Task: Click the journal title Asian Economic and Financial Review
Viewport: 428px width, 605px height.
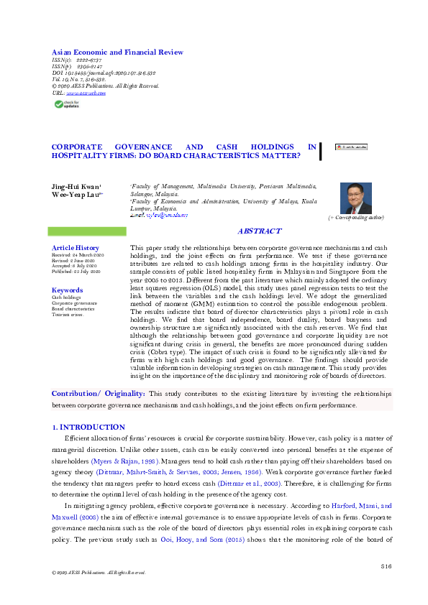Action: tap(117, 52)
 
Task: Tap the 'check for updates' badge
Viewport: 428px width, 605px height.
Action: tap(69, 104)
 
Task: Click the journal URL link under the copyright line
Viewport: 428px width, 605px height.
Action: tap(86, 93)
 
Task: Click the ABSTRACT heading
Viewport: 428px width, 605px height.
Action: tap(259, 231)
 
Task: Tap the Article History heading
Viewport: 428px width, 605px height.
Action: tap(70, 247)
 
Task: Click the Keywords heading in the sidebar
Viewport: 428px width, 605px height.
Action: tap(67, 290)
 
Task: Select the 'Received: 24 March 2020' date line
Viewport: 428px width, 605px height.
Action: tap(78, 255)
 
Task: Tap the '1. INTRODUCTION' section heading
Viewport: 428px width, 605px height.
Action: tap(88, 427)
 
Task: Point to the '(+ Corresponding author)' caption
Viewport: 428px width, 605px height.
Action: tap(356, 217)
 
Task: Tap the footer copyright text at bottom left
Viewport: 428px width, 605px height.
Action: tap(94, 573)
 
